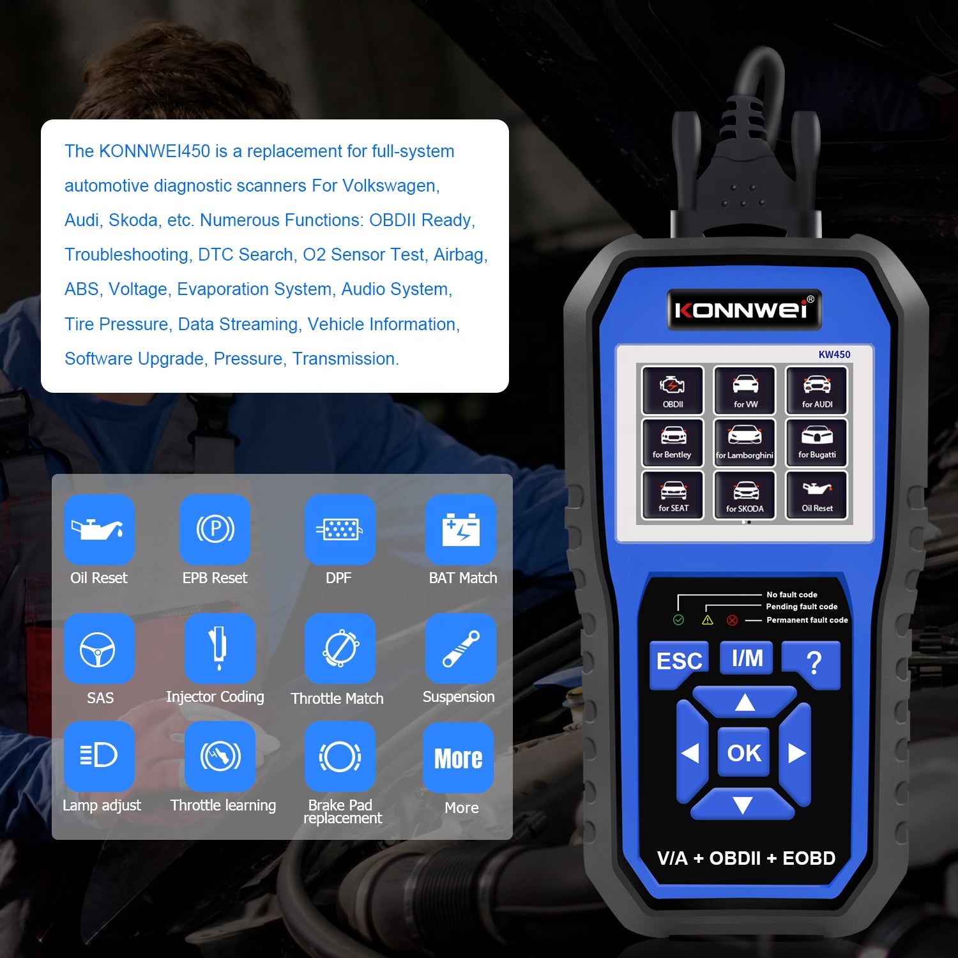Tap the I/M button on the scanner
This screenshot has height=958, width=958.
tap(747, 658)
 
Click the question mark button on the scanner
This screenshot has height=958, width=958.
tap(812, 664)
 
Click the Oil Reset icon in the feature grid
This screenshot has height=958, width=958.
tap(99, 529)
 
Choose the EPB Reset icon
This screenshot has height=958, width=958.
tap(215, 529)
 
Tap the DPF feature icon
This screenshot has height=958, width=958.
tap(339, 529)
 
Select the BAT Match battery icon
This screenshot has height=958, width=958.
tap(460, 529)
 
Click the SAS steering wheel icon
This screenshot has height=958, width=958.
tap(99, 649)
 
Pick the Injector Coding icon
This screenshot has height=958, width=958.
tap(219, 649)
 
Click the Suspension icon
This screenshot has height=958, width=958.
tap(460, 649)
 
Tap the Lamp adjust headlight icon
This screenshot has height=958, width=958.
tap(99, 756)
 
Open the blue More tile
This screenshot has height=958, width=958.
tap(458, 758)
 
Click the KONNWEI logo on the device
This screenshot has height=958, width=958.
tap(744, 310)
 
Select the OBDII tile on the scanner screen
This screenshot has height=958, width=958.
tap(673, 390)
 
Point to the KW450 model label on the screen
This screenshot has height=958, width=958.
tap(834, 354)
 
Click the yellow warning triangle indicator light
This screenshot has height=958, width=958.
tap(708, 620)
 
